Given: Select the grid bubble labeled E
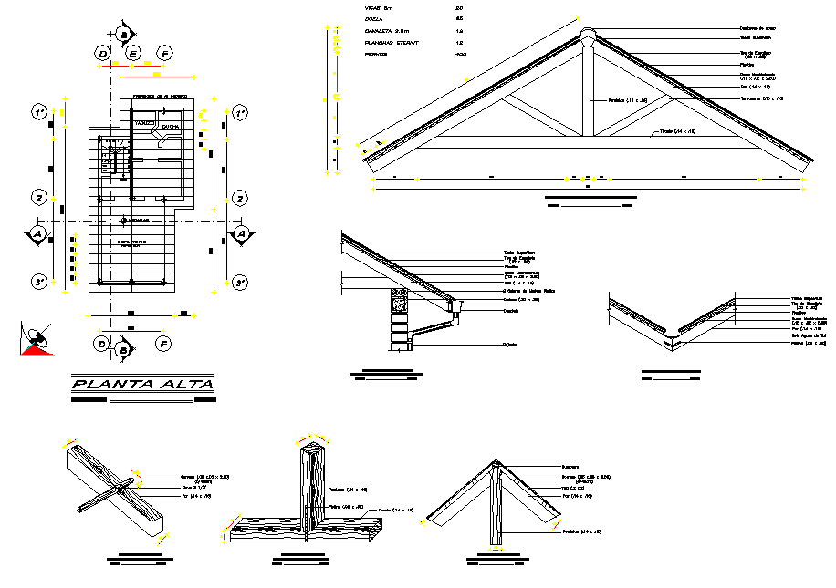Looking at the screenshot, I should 133,55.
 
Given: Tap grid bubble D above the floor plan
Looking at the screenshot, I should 103,55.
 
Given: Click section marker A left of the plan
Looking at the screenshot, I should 37,234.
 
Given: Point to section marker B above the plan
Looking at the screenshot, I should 122,34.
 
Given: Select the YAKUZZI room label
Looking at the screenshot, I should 144,122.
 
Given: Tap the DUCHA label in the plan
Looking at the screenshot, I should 171,127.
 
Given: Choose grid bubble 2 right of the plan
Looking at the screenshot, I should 239,198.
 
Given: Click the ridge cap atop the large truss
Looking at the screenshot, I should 588,37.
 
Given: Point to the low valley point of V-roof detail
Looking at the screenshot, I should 674,339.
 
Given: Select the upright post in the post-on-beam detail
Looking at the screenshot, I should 312,489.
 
